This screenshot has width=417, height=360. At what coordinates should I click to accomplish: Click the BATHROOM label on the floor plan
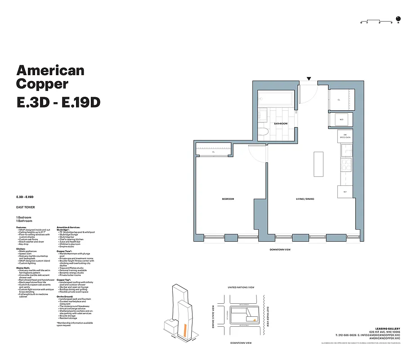coord(281,123)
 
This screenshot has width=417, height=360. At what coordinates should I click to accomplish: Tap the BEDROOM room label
coord(228,199)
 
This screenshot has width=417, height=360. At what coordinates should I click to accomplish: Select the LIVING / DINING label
coord(305,199)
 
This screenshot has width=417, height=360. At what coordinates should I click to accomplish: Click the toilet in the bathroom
coord(264,131)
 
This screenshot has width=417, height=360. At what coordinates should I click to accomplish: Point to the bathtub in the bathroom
coord(276,98)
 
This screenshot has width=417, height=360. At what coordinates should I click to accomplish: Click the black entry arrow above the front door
coord(309,79)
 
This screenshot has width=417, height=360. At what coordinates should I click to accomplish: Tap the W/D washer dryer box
coord(341,120)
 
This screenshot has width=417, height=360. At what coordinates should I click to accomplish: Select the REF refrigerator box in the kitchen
coord(345,192)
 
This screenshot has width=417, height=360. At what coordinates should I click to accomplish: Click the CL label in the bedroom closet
coord(214,152)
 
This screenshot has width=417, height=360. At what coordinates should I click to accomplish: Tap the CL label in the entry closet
coord(339,100)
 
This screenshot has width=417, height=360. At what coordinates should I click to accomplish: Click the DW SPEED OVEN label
coord(345,136)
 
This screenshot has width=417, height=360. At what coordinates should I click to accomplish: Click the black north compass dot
coord(403,19)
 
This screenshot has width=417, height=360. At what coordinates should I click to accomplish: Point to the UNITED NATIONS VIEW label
coord(241,287)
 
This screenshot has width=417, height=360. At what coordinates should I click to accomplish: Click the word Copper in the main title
coord(42,84)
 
